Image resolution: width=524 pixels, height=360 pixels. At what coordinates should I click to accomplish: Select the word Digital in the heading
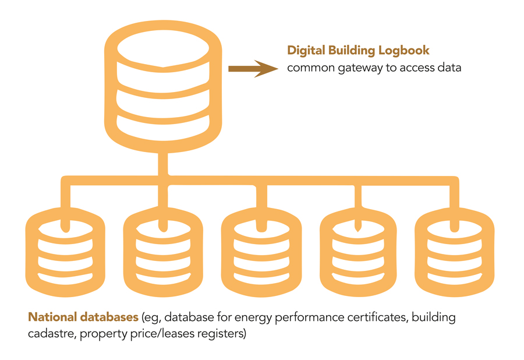coord(305,51)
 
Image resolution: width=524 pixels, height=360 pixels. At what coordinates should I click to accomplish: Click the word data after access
coord(448,68)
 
